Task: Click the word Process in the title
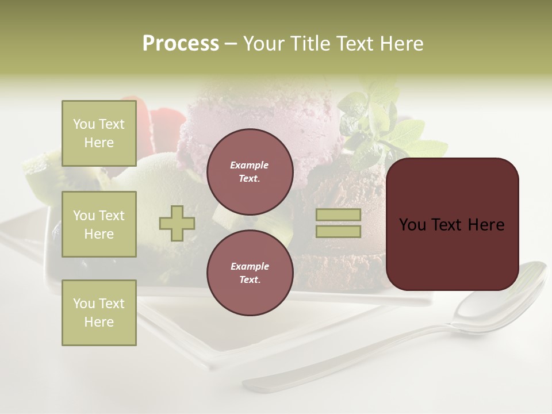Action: click(181, 44)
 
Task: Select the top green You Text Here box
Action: click(99, 133)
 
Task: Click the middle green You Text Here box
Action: click(99, 224)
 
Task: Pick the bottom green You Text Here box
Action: click(99, 312)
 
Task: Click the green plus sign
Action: click(177, 223)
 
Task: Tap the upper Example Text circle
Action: click(250, 172)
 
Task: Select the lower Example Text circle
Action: click(250, 273)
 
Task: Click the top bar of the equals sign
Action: click(338, 215)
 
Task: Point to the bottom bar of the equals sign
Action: click(338, 231)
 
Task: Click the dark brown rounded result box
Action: click(452, 224)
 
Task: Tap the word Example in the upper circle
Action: click(250, 165)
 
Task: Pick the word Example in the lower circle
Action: click(250, 266)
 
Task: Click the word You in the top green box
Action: click(84, 124)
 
